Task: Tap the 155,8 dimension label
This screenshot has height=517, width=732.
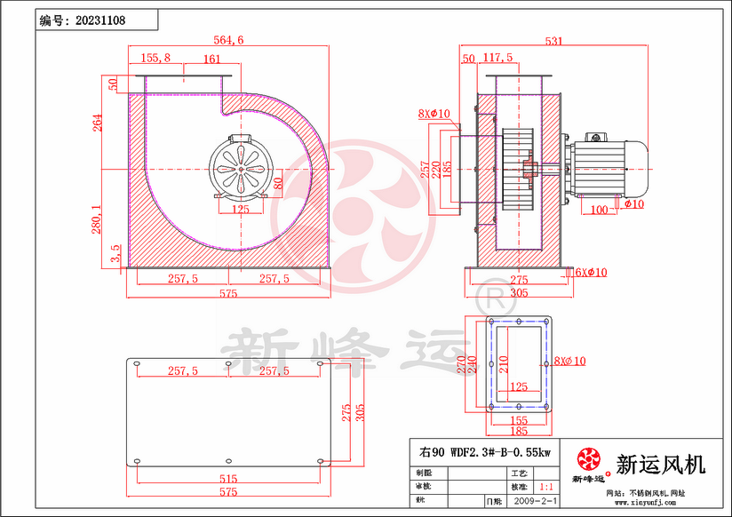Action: click(155, 58)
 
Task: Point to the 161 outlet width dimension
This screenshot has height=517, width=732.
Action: click(211, 59)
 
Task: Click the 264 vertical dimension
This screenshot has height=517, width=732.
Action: click(98, 123)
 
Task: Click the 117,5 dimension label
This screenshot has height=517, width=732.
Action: click(497, 58)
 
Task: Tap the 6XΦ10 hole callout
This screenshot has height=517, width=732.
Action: click(590, 272)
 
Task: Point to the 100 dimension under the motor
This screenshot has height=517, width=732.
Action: click(599, 210)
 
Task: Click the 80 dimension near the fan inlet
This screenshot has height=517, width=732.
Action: click(278, 184)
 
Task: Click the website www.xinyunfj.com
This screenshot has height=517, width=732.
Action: click(647, 504)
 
